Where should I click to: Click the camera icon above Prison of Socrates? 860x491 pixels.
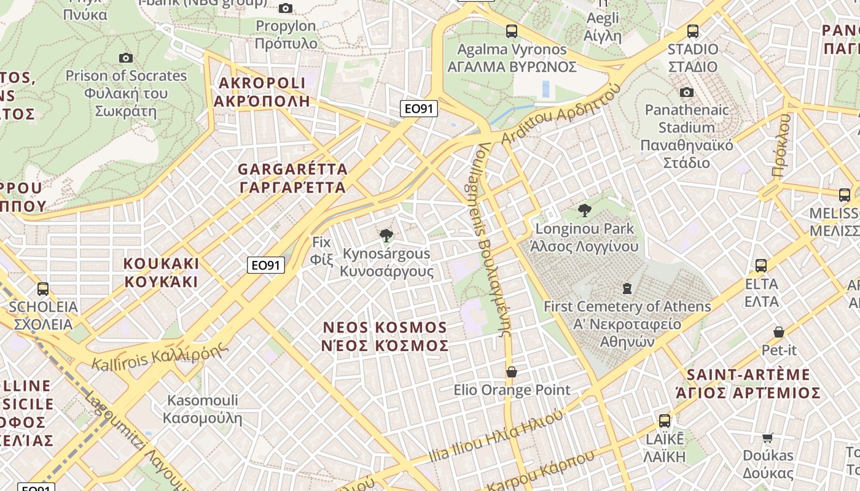pos(126,58)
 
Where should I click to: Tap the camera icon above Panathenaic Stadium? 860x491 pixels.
pos(687,92)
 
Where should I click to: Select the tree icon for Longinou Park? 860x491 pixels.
pos(585,211)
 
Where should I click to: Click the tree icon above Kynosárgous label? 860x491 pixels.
pos(386,235)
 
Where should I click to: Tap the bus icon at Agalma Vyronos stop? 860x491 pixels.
pos(511,31)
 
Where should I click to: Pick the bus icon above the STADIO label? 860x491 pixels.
pos(693,31)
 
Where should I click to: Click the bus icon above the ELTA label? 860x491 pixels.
pos(761,266)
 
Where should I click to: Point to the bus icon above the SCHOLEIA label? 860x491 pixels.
pos(43,288)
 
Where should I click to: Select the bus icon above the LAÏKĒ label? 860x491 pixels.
pos(665,421)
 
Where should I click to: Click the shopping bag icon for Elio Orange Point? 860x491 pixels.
pos(511,372)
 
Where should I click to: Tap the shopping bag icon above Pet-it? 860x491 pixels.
pos(779,332)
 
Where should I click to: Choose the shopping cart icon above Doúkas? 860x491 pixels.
pos(768,438)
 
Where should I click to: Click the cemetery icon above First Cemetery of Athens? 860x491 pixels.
pos(627,288)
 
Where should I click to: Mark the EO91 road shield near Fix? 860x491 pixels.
pos(266,265)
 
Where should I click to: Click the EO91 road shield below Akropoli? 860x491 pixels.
pos(418,109)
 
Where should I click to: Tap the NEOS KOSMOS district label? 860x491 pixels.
pos(385,336)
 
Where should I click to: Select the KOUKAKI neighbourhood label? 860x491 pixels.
pos(161,273)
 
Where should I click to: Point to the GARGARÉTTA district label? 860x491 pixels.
pos(292,178)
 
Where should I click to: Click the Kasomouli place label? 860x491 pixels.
pos(202,409)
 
